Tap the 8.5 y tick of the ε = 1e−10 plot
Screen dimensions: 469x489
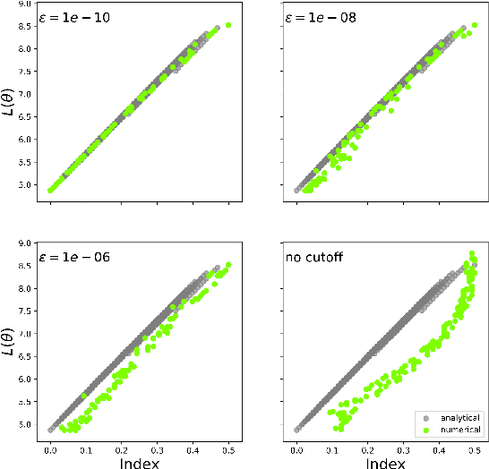click(29, 26)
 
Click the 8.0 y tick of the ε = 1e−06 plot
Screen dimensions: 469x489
click(29, 288)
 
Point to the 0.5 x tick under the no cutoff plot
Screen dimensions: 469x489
click(473, 444)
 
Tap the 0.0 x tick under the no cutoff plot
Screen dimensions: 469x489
click(296, 444)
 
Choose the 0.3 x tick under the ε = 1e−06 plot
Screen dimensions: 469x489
click(158, 444)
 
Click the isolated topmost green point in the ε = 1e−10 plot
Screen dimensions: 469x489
click(228, 25)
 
